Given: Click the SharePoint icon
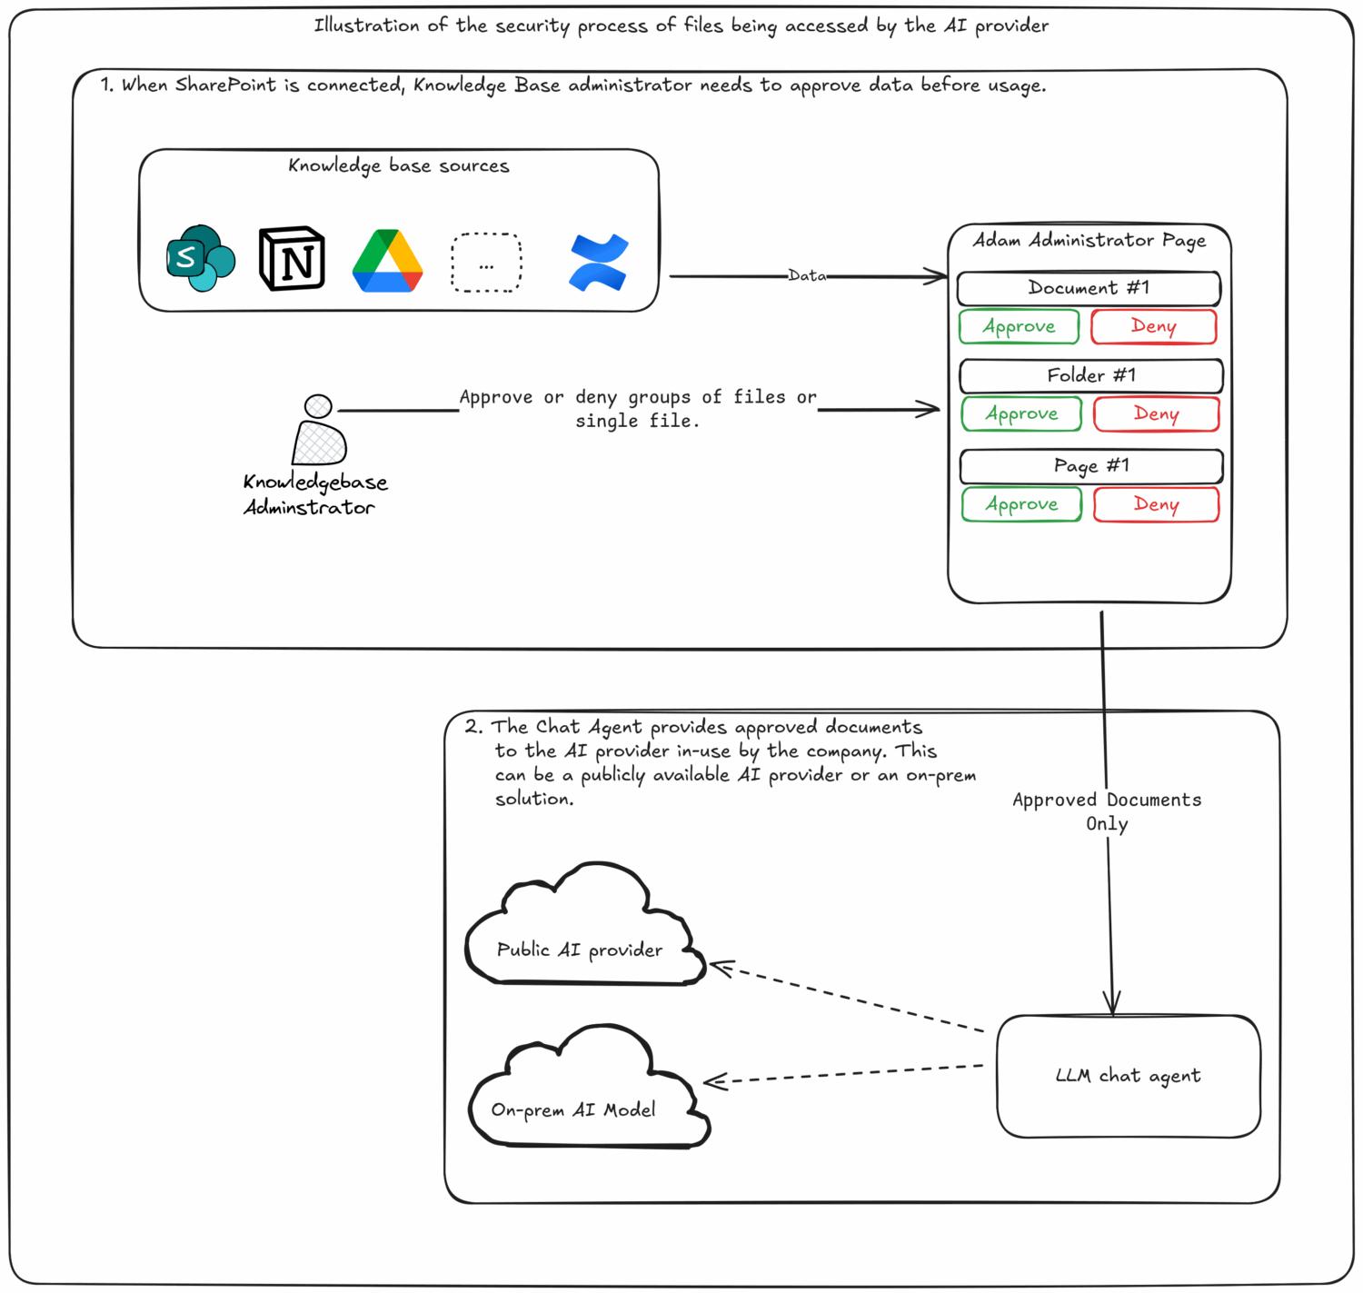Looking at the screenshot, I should click(x=201, y=259).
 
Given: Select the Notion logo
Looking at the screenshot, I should click(x=292, y=259).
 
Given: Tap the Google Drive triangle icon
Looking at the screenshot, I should click(x=388, y=262).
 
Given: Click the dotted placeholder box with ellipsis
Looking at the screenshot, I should click(x=487, y=264).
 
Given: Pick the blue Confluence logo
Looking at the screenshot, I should click(x=598, y=263).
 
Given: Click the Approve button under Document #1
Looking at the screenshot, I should click(x=1020, y=327).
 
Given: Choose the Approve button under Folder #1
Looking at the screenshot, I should click(x=1022, y=414).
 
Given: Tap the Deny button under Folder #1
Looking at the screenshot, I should click(x=1156, y=414).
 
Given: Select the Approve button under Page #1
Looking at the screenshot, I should click(x=1022, y=504).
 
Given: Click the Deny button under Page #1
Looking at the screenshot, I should click(x=1156, y=504).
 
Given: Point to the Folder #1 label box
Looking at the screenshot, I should click(x=1091, y=375).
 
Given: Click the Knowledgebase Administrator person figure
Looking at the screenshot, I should click(x=319, y=431).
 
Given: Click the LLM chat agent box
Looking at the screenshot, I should click(x=1129, y=1077).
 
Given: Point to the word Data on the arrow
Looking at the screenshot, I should click(x=807, y=275).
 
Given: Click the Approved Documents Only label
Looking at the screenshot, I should click(x=1107, y=811).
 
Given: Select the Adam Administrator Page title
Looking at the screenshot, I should click(x=1089, y=241).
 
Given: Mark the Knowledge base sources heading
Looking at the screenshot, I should click(x=399, y=166).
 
